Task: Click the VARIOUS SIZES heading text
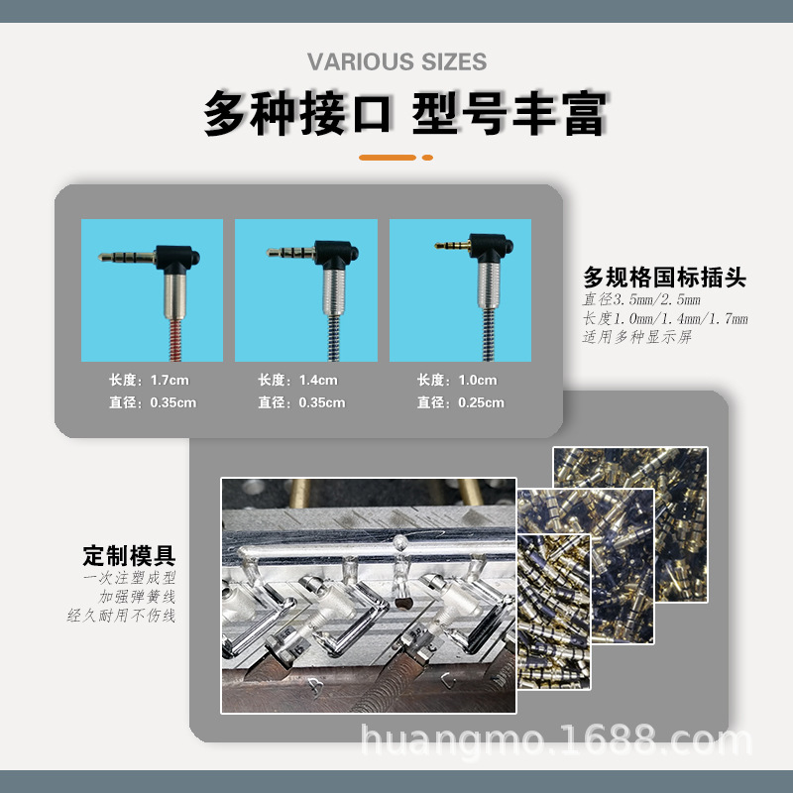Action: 396,62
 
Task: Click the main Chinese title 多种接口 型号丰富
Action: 404,114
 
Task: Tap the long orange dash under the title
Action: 387,158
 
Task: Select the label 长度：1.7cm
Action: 150,381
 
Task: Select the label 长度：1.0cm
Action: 457,381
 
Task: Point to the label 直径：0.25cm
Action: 460,402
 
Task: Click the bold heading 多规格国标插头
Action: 663,277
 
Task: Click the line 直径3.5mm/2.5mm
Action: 641,300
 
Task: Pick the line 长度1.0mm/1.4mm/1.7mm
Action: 665,319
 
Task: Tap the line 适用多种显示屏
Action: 636,337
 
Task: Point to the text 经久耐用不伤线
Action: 121,616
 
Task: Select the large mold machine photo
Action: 367,595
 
